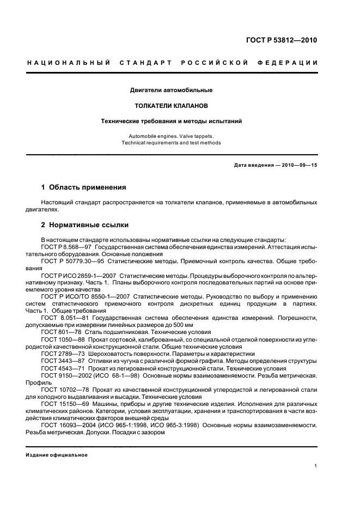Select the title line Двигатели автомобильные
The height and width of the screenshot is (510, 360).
pyautogui.click(x=172, y=90)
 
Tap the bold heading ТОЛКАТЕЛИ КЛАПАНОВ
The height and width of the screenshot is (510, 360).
pyautogui.click(x=172, y=105)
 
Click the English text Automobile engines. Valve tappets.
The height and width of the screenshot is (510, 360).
pyautogui.click(x=172, y=136)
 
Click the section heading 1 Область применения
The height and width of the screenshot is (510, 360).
pyautogui.click(x=84, y=187)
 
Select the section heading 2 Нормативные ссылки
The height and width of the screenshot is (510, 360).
pyautogui.click(x=86, y=223)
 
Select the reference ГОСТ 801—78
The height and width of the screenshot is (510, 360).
pyautogui.click(x=57, y=332)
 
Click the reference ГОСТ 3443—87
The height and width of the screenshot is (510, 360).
pyautogui.click(x=59, y=361)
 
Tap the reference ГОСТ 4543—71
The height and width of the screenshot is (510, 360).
pyautogui.click(x=59, y=368)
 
